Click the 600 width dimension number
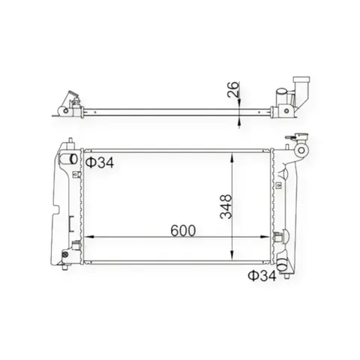tap(183, 231)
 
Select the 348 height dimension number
tap(226, 206)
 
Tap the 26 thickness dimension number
tap(233, 89)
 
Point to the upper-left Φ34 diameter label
tap(100, 163)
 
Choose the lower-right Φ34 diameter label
tap(262, 276)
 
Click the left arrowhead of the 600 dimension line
tap(89, 236)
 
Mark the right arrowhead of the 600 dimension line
tap(265, 236)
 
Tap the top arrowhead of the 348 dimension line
tap(232, 158)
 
